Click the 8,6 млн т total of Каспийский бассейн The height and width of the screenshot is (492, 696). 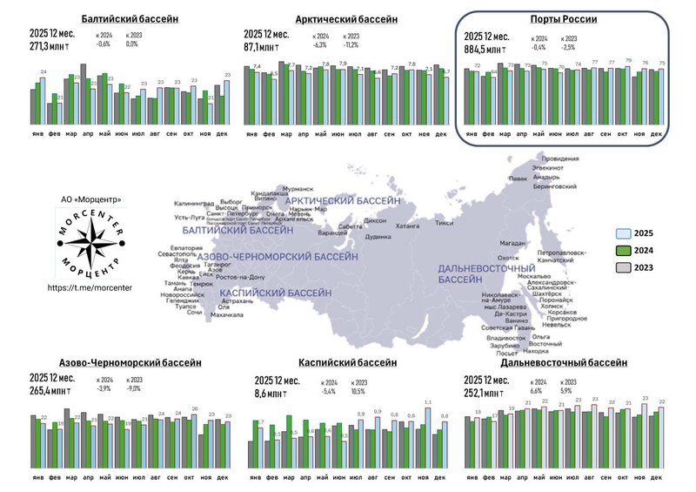pyautogui.click(x=277, y=394)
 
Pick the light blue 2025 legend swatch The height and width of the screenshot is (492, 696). pyautogui.click(x=623, y=233)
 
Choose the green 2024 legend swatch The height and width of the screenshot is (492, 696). pyautogui.click(x=623, y=251)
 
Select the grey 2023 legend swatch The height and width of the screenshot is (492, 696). pyautogui.click(x=623, y=268)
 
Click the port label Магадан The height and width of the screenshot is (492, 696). pyautogui.click(x=513, y=244)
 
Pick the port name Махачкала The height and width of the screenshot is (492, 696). pyautogui.click(x=227, y=314)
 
